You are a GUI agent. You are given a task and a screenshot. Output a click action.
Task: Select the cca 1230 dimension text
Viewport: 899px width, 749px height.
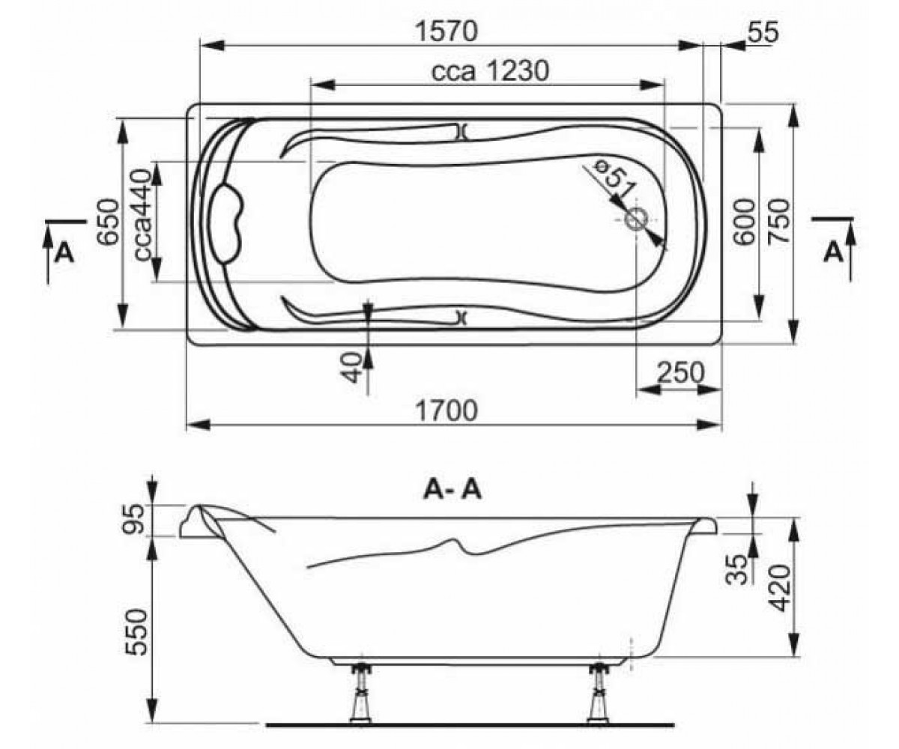491,70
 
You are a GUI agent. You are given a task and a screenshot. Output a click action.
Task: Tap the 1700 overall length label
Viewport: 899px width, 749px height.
447,410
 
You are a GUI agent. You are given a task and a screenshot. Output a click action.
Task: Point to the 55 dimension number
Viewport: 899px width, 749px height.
763,32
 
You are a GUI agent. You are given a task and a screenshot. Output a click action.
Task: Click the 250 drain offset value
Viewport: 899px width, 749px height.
681,372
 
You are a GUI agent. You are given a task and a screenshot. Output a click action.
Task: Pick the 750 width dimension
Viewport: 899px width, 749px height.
779,222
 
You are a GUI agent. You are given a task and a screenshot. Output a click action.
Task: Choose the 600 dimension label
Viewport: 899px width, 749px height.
745,222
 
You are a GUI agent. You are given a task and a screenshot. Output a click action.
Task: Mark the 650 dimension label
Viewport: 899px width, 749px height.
107,222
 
